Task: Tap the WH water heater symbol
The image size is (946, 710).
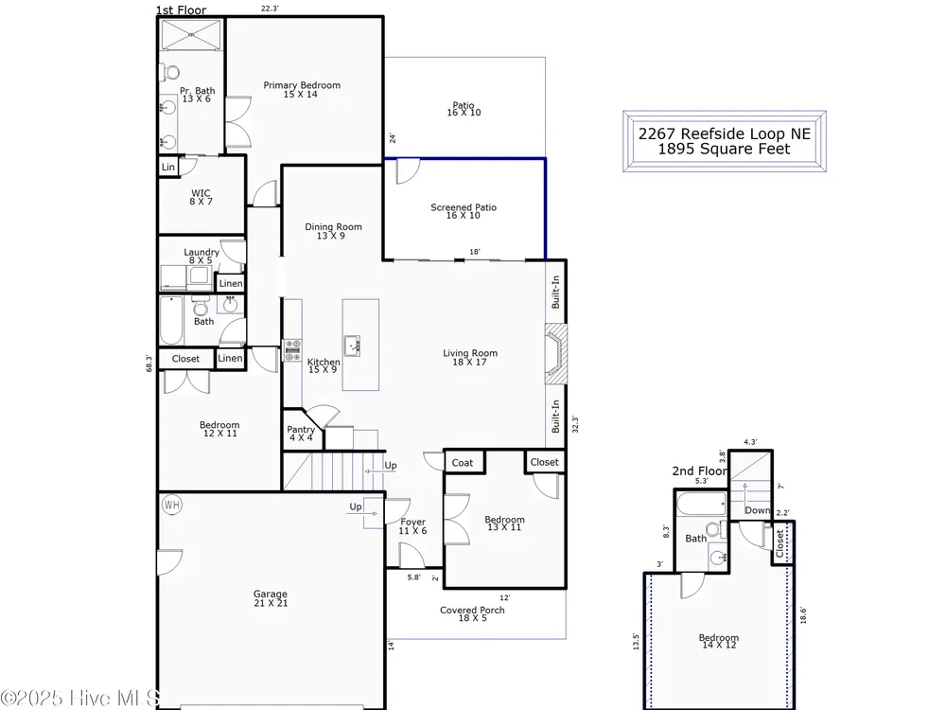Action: click(172, 505)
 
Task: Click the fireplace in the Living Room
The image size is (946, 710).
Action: click(555, 354)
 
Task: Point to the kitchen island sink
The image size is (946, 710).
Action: click(353, 346)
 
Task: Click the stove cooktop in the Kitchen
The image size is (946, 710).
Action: click(292, 350)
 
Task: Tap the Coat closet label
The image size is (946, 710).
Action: click(463, 463)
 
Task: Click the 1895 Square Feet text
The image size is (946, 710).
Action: click(724, 150)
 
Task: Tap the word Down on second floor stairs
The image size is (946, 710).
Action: click(758, 510)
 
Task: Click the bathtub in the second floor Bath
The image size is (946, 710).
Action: click(701, 505)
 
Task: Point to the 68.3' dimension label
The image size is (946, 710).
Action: click(149, 363)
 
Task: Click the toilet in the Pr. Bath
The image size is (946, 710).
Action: click(170, 73)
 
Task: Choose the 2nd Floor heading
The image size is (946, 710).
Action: click(700, 470)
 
